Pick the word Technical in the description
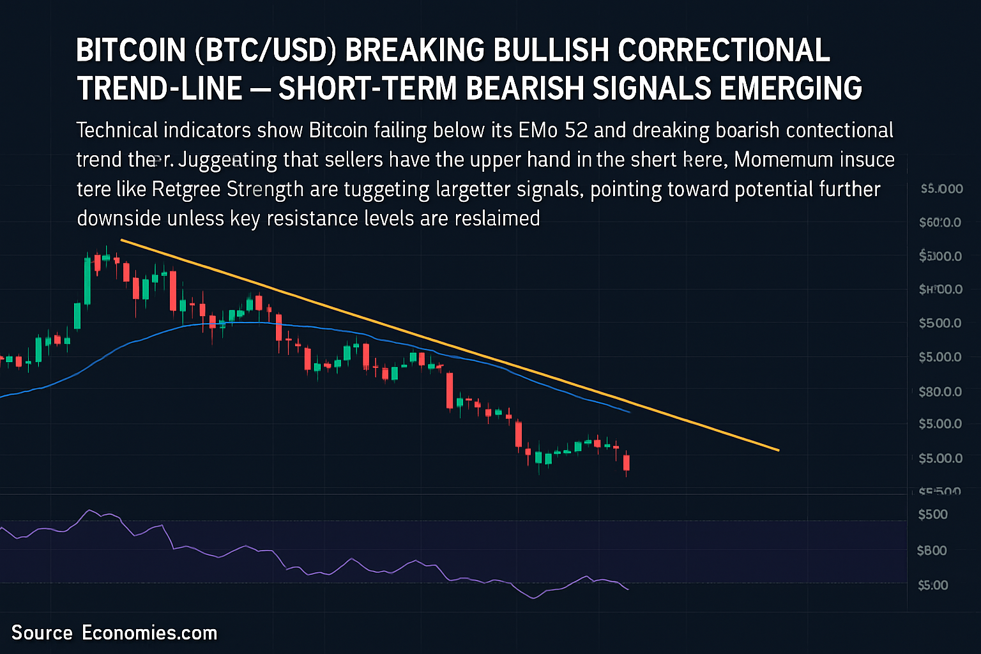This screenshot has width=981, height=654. click(x=117, y=130)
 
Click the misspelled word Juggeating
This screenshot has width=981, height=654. click(x=227, y=160)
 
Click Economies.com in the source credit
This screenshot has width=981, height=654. click(x=149, y=633)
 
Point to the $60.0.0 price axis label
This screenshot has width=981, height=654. click(x=939, y=223)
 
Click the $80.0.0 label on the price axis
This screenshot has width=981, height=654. click(x=939, y=392)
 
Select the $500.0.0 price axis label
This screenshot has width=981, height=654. click(x=939, y=323)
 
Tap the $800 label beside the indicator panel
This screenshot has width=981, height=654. click(x=932, y=551)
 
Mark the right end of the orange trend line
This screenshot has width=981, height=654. click(x=779, y=450)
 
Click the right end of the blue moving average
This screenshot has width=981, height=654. click(x=630, y=413)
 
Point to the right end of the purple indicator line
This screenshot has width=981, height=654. click(x=628, y=589)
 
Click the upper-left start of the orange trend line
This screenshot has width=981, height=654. click(x=121, y=240)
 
